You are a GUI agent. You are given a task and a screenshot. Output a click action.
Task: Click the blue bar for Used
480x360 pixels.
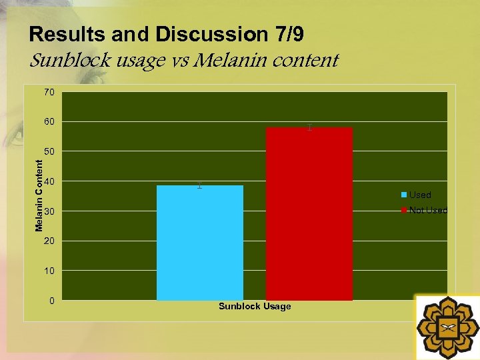pos(199,243)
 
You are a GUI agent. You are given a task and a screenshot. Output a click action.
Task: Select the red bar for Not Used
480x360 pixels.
pos(309,213)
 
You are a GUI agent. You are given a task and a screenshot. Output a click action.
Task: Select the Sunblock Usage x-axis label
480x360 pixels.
pos(255,306)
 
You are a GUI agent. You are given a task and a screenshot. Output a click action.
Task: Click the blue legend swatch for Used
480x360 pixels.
pos(404,195)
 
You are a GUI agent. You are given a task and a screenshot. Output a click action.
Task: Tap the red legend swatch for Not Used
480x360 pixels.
pos(404,210)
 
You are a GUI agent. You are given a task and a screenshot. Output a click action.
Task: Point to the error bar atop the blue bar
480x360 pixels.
pos(199,185)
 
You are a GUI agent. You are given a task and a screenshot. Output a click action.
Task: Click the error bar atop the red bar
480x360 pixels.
pos(309,127)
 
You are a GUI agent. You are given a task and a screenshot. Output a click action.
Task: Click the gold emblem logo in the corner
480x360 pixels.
pos(447,327)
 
